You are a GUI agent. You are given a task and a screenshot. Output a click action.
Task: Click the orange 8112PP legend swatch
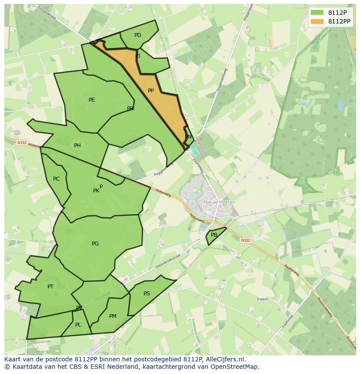tap(317, 21)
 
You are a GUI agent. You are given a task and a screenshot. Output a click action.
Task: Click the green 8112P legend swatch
tap(317, 13)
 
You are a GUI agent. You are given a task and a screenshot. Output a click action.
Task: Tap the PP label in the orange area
tap(151, 91)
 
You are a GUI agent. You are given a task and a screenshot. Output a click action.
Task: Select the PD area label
tap(138, 35)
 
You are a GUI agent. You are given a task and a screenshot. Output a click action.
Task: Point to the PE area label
tap(92, 100)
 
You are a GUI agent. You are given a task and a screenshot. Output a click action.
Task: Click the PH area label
tap(77, 146)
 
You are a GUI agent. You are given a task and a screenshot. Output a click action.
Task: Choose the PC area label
tap(57, 179)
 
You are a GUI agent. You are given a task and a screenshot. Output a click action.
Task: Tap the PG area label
tap(95, 244)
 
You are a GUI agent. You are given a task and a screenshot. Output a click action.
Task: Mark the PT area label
tap(50, 287)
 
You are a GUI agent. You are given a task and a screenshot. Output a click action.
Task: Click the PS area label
tap(147, 294)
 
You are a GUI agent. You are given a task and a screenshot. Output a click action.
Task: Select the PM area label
tap(113, 316)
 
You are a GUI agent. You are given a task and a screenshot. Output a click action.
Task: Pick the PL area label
tap(78, 325)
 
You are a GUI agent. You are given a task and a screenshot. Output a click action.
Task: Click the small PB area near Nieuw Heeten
tap(214, 235)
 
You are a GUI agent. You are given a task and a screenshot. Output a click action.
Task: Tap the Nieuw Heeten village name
tap(220, 202)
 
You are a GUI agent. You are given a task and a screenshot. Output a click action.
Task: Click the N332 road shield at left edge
tap(22, 142)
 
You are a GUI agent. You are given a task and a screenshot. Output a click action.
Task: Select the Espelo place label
tap(263, 299)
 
